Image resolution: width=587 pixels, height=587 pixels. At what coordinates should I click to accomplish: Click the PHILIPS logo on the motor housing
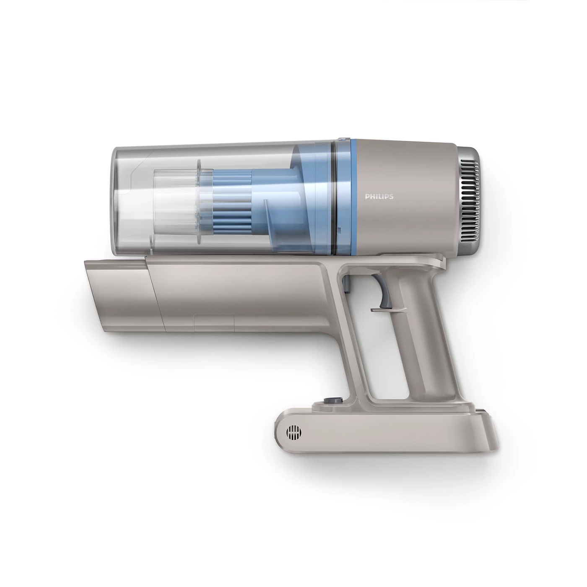(379, 196)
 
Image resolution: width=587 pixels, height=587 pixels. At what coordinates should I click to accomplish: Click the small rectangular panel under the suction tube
(214, 323)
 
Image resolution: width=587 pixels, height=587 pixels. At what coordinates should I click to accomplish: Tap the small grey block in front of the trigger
(348, 285)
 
